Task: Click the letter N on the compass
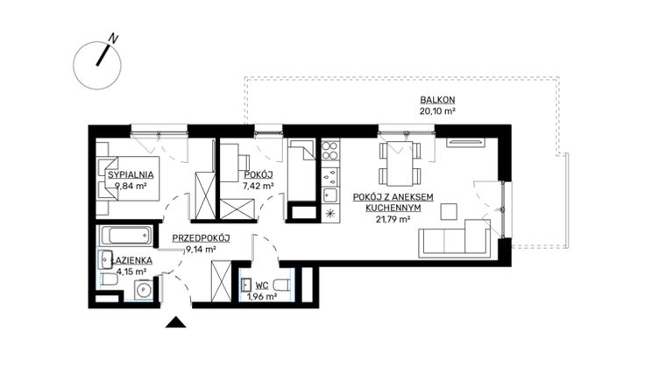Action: (x=113, y=39)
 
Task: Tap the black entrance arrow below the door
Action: (x=175, y=322)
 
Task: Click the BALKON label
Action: (x=436, y=100)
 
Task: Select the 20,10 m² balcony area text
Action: (x=436, y=111)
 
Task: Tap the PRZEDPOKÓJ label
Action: (x=201, y=237)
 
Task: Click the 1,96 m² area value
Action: (x=261, y=296)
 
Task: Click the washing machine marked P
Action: (x=141, y=289)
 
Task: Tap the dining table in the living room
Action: (x=400, y=162)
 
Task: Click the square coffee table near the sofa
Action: (x=449, y=210)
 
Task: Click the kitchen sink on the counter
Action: (x=330, y=194)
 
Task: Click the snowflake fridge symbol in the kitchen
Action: (x=329, y=213)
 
